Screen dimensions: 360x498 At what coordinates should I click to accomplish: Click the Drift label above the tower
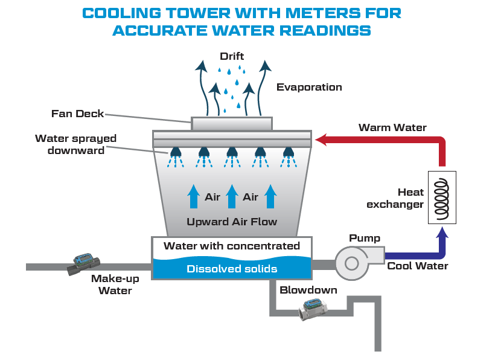pos(232,56)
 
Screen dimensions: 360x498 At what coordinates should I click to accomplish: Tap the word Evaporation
pos(309,87)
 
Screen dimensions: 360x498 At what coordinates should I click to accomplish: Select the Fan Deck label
pos(78,113)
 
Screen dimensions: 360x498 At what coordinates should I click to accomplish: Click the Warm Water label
pos(392,127)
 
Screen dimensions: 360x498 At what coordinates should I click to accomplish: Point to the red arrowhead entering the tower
pos(321,140)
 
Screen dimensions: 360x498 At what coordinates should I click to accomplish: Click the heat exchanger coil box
pos(442,196)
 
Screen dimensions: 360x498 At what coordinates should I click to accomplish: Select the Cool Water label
pos(418,266)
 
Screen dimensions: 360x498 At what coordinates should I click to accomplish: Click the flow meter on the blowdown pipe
pos(312,309)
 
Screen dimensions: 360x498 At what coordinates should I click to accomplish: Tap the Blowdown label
pos(308,290)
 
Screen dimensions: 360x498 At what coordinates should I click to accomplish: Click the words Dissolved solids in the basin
pos(232,269)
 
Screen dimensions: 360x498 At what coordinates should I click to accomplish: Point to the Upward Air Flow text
pos(232,222)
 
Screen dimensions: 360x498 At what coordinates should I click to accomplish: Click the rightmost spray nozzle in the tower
pos(289,151)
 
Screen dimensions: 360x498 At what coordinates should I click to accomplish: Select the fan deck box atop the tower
pos(232,123)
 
